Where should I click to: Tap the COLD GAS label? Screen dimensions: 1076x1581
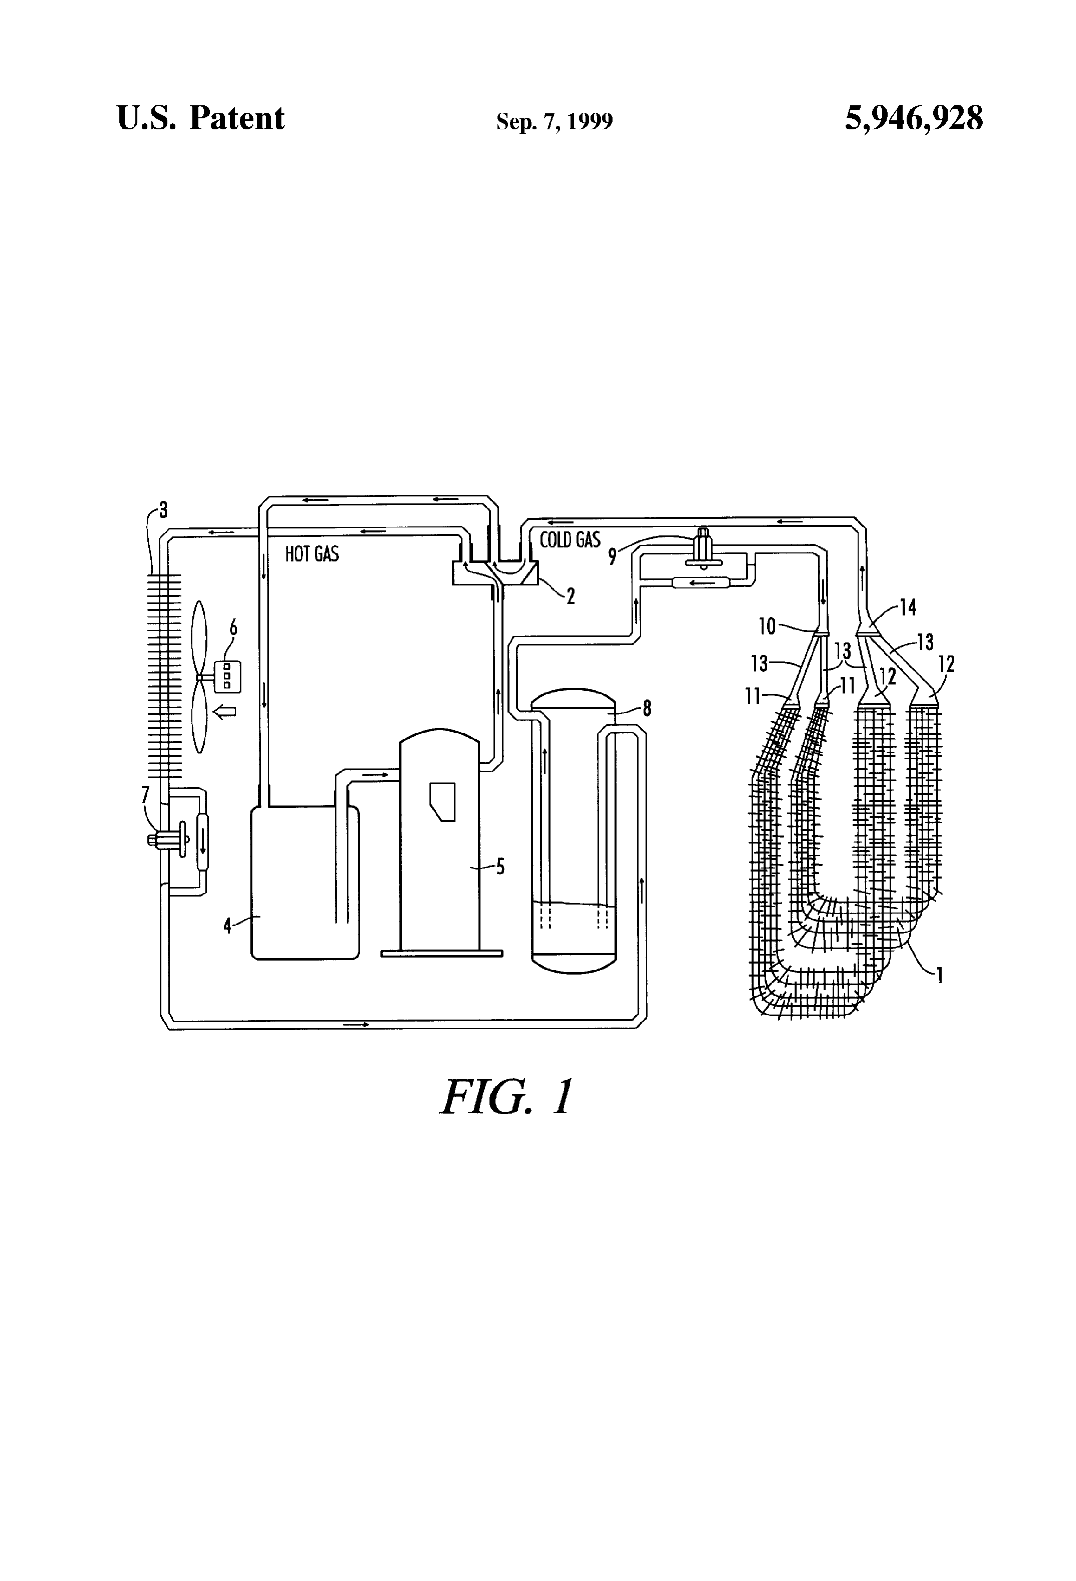(x=570, y=540)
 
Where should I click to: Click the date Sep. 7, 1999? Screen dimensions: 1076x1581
(x=554, y=121)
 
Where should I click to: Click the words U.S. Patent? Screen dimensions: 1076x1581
(x=201, y=118)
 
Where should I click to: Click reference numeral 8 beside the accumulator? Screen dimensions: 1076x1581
(x=647, y=709)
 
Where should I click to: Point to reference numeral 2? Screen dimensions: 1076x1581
(x=570, y=597)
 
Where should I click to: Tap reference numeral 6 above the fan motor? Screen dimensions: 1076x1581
(x=233, y=627)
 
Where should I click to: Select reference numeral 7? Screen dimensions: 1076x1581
(x=145, y=794)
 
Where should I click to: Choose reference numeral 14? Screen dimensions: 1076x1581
(x=908, y=607)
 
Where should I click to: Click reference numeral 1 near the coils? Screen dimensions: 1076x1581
(x=939, y=976)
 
